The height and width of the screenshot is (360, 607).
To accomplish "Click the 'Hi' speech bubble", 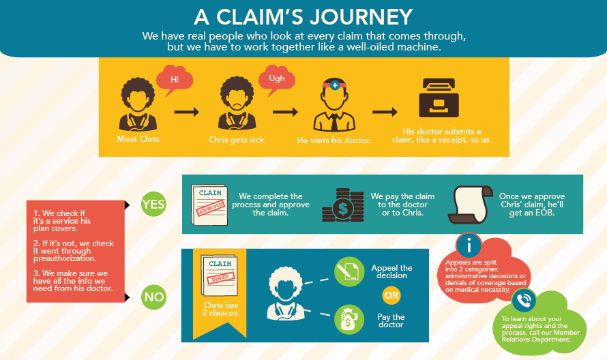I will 174,79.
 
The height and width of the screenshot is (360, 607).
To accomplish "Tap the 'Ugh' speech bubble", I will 276,79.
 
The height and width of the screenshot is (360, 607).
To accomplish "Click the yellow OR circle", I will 391,295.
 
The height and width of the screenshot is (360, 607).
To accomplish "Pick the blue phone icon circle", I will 524,301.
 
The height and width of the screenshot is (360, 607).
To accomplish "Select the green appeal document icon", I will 349,271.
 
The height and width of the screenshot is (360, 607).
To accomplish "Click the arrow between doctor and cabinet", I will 384,112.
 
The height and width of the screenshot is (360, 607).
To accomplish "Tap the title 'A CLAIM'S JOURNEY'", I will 303,16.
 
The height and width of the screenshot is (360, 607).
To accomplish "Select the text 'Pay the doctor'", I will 391,320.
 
